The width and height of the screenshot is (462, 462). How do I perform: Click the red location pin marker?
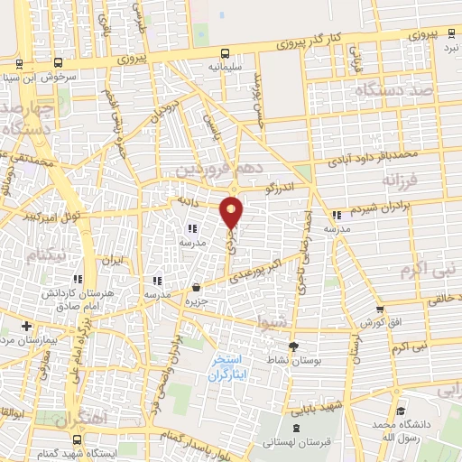tap(232, 210)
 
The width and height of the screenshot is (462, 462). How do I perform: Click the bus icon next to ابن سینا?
tap(59, 63)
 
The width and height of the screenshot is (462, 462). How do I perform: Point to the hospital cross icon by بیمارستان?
tap(27, 325)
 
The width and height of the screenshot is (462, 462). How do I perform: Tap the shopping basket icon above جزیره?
tap(196, 287)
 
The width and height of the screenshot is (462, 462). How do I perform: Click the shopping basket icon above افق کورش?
tap(380, 310)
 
